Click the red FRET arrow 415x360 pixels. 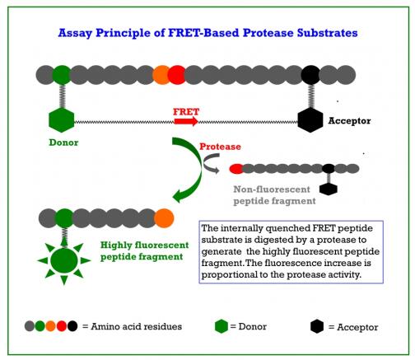coord(186,121)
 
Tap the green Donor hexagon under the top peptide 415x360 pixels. coord(61,120)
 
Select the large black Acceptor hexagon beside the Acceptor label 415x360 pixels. coord(310,120)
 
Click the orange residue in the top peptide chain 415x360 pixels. coord(161,75)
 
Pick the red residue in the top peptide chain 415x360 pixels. coord(176,75)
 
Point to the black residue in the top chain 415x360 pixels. coord(310,75)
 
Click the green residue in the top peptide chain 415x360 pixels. coord(62,75)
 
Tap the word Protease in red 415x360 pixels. coord(220,147)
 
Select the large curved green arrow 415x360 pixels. coord(196,167)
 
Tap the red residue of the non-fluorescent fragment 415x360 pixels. coord(236,169)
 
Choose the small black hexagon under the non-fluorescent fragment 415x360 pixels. coord(329,189)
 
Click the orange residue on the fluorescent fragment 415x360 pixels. coord(164,218)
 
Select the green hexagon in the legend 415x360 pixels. coord(221,326)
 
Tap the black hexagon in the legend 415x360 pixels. coord(317,326)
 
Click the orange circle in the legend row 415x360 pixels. coord(51,326)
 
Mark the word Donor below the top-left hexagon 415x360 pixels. coord(63,143)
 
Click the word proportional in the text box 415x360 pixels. coord(230,274)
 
